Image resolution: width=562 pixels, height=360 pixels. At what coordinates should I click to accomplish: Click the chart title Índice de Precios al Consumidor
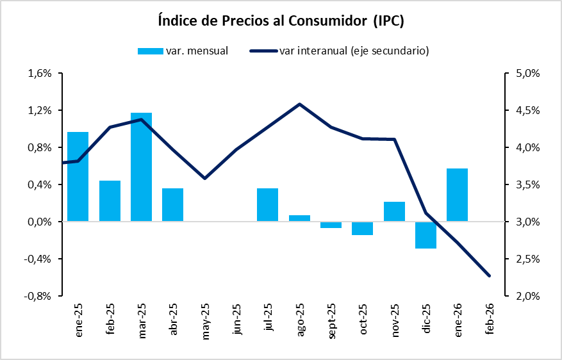click(281, 20)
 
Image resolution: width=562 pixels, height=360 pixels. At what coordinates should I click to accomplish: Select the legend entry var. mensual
click(183, 51)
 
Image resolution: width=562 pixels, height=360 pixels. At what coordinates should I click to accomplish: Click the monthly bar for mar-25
click(141, 167)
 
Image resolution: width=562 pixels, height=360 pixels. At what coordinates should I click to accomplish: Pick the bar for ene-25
click(78, 177)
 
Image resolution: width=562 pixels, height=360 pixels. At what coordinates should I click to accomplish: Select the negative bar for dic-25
click(426, 235)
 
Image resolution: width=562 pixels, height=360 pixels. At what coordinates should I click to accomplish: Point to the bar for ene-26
click(457, 195)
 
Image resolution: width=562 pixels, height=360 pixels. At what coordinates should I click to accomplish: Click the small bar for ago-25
click(299, 218)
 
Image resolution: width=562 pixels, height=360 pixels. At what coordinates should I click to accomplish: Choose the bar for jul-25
click(268, 205)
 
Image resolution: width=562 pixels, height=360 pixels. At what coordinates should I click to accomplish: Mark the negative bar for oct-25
click(362, 229)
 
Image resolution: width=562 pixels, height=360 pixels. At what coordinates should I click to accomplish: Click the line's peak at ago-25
click(299, 104)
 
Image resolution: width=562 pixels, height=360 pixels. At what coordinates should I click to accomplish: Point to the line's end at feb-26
click(490, 276)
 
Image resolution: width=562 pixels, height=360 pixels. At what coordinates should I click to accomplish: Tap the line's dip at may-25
click(204, 178)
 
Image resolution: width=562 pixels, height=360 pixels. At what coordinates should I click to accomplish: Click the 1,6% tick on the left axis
click(40, 73)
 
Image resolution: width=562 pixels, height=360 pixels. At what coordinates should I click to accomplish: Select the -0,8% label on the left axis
click(38, 297)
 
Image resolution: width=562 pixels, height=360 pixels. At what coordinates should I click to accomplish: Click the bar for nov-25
click(394, 211)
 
